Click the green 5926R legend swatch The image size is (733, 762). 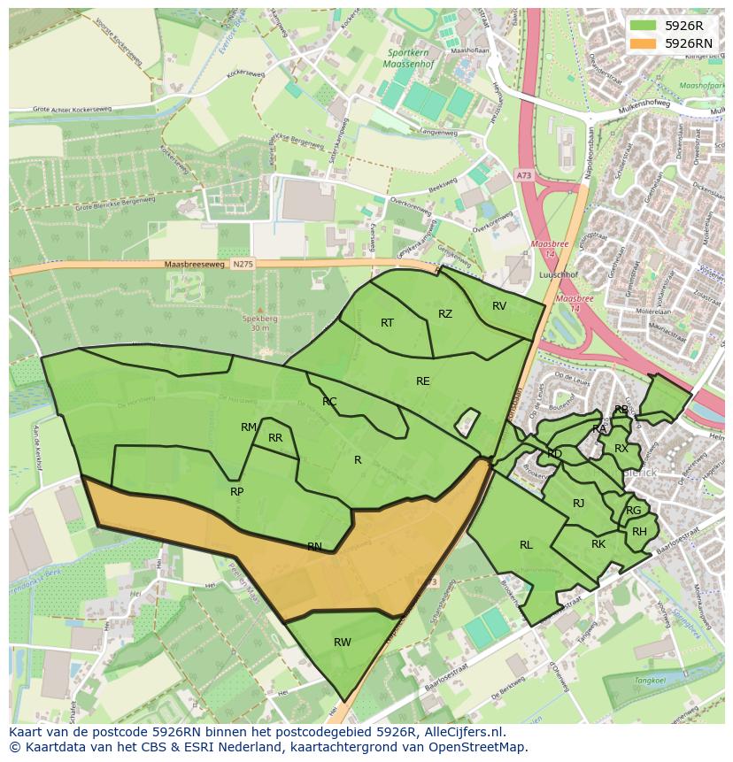644,26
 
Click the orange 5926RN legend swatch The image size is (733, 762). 644,42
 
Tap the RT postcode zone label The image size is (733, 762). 387,323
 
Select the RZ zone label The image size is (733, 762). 445,314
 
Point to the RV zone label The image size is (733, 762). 499,306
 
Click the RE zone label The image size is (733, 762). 423,381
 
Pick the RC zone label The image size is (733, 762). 329,402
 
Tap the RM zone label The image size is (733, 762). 249,427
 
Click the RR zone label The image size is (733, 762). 275,438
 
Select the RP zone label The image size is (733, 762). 236,492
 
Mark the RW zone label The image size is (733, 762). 342,643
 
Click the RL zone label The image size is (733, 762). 526,545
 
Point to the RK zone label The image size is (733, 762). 598,544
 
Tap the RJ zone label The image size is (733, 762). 578,504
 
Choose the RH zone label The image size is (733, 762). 639,532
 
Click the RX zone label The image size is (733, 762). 621,449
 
